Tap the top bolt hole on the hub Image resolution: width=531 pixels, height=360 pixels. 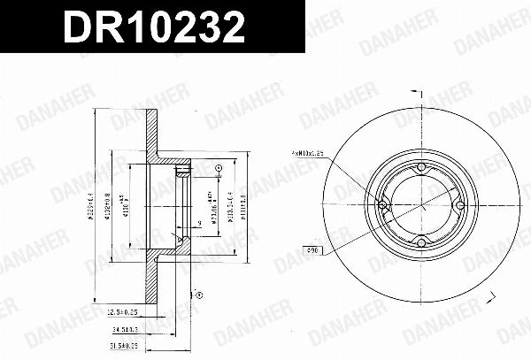tap(421, 169)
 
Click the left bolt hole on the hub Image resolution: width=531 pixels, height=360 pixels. tap(384, 206)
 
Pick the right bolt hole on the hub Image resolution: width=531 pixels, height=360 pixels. tap(458, 206)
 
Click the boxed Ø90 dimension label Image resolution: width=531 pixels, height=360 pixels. tap(312, 250)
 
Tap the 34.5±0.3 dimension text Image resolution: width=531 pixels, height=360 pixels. tap(128, 328)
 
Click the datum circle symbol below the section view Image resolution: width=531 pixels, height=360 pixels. tap(197, 294)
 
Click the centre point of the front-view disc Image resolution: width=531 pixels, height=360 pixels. tap(421, 206)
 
